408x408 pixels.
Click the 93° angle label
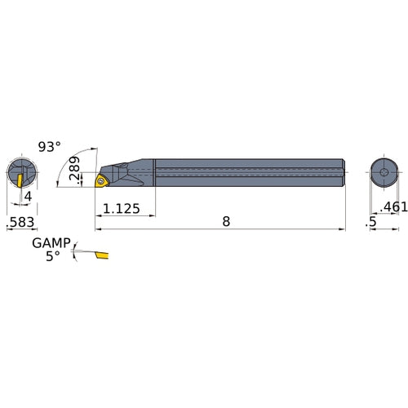pyautogui.click(x=49, y=147)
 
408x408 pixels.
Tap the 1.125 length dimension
pyautogui.click(x=122, y=210)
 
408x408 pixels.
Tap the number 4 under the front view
pyautogui.click(x=27, y=197)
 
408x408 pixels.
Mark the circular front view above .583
pyautogui.click(x=23, y=173)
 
